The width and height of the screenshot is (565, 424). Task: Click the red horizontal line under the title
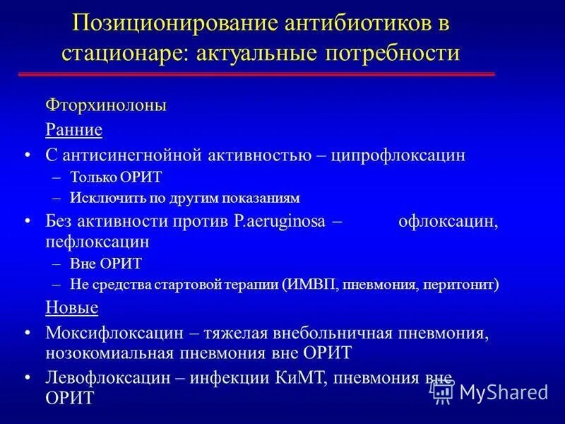[256, 74]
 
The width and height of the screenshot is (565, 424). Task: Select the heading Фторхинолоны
[106, 105]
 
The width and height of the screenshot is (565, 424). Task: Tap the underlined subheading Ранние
[74, 130]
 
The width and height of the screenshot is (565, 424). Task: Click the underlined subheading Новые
[71, 307]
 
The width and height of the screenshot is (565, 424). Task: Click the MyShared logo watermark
[492, 391]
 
